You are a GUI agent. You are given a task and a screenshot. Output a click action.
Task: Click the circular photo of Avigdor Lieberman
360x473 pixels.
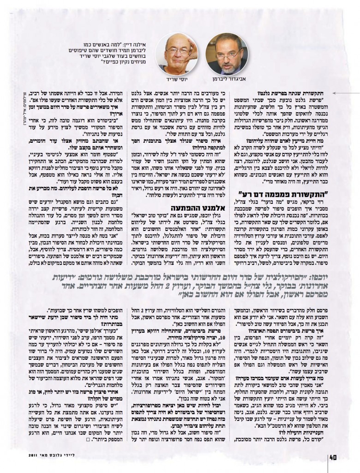click(x=228, y=54)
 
